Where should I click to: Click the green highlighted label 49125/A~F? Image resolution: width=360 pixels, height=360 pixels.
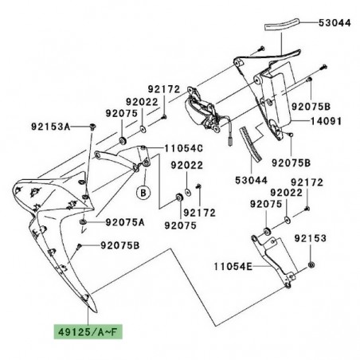88,331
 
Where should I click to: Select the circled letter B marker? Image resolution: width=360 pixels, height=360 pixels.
143,192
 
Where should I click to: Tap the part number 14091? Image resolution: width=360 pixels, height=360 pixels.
326,122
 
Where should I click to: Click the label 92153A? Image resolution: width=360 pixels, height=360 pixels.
51,127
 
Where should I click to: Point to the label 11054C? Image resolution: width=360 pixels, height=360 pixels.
183,148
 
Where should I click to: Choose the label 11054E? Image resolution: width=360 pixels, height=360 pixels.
233,266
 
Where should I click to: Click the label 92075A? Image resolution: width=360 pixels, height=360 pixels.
125,222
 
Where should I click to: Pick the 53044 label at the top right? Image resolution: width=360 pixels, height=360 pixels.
335,23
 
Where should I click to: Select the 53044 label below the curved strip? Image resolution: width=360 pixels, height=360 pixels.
251,180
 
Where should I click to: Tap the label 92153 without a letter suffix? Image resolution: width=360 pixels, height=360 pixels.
311,238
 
